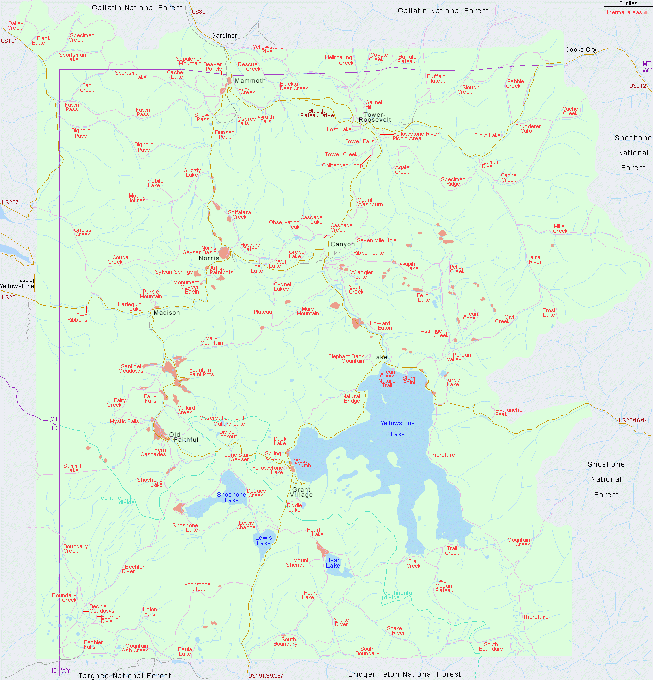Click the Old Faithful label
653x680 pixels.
pyautogui.click(x=184, y=437)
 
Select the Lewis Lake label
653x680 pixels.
pyautogui.click(x=263, y=540)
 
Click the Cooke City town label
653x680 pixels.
pyautogui.click(x=581, y=49)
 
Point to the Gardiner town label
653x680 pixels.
pyautogui.click(x=224, y=36)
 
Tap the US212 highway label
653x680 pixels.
pyautogui.click(x=637, y=86)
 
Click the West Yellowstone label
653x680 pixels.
pyautogui.click(x=18, y=284)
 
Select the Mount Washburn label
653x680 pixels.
pyautogui.click(x=370, y=202)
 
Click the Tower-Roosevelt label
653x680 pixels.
pyautogui.click(x=375, y=117)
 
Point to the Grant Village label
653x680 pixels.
pyautogui.click(x=301, y=492)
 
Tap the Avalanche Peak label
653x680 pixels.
pyautogui.click(x=509, y=412)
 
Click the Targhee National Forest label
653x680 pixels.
pyautogui.click(x=125, y=676)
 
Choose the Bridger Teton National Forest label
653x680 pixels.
pyautogui.click(x=404, y=674)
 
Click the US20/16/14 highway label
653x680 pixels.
pyautogui.click(x=633, y=420)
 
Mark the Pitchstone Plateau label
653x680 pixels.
pyautogui.click(x=197, y=586)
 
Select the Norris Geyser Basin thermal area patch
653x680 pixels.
pyautogui.click(x=224, y=252)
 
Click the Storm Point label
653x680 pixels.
pyautogui.click(x=409, y=380)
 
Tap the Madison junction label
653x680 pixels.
pyautogui.click(x=167, y=313)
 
